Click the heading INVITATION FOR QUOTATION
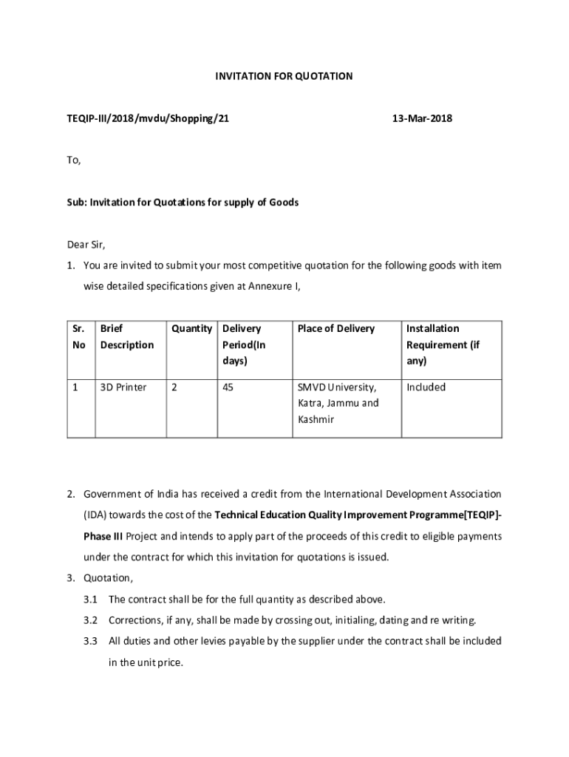pos(284,76)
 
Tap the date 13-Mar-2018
pos(422,118)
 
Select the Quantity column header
pos(191,328)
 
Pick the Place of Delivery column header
pos(335,328)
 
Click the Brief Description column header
pos(126,336)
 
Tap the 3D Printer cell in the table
pos(123,387)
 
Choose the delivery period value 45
pos(228,387)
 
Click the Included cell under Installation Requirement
pos(426,387)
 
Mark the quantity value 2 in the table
pos(174,387)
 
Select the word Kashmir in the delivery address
pos(316,419)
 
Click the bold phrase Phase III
pos(104,535)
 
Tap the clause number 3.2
pos(91,620)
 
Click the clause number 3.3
pos(91,641)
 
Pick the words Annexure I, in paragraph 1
pos(278,286)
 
